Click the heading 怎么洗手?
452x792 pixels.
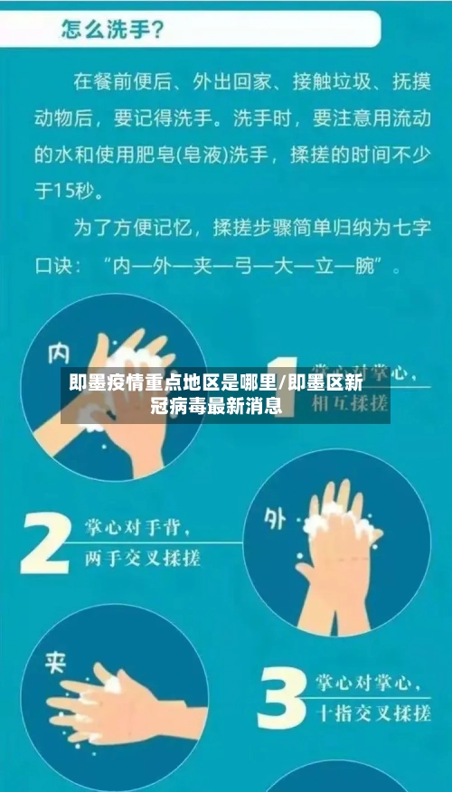tap(113, 30)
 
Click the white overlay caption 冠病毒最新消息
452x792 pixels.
tap(215, 407)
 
